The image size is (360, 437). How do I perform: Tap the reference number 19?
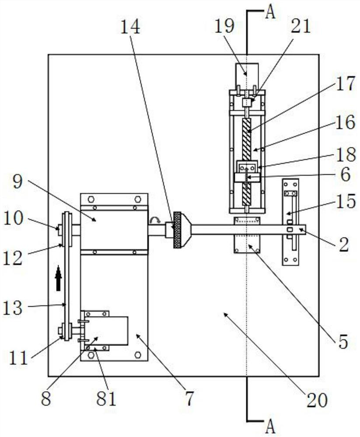point(224,26)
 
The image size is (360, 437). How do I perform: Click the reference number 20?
point(317,401)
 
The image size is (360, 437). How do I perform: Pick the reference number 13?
point(13,308)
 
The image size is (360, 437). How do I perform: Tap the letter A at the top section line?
point(270,13)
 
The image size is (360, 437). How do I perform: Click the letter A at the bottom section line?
point(270,427)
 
